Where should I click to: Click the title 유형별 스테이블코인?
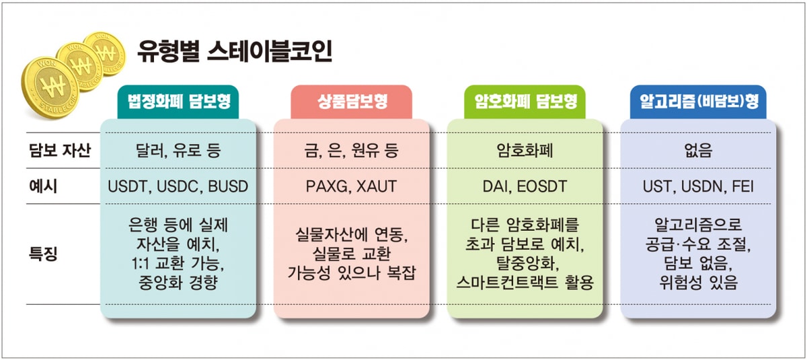(x=234, y=51)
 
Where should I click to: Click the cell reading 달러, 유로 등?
(x=178, y=151)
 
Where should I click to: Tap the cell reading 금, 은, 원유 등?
(x=352, y=151)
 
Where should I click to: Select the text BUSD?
(x=228, y=186)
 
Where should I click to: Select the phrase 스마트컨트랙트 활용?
(x=525, y=283)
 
